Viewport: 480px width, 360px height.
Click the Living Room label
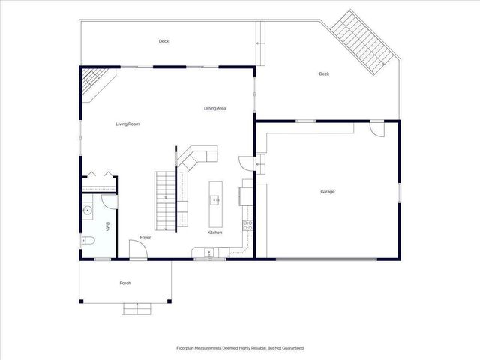(127, 124)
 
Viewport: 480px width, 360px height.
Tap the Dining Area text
(215, 109)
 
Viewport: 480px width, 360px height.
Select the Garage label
(328, 192)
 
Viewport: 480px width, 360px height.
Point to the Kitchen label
(215, 232)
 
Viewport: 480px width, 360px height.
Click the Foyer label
(145, 238)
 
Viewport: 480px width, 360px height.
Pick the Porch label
(125, 283)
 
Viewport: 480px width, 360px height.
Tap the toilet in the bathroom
(88, 240)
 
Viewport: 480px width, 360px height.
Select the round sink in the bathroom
(88, 211)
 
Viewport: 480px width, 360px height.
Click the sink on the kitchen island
(214, 200)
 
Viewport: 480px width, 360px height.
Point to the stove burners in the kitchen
(246, 225)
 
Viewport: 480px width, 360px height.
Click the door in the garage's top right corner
(377, 130)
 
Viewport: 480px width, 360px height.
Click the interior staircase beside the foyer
(165, 200)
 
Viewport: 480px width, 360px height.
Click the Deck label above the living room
(163, 41)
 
